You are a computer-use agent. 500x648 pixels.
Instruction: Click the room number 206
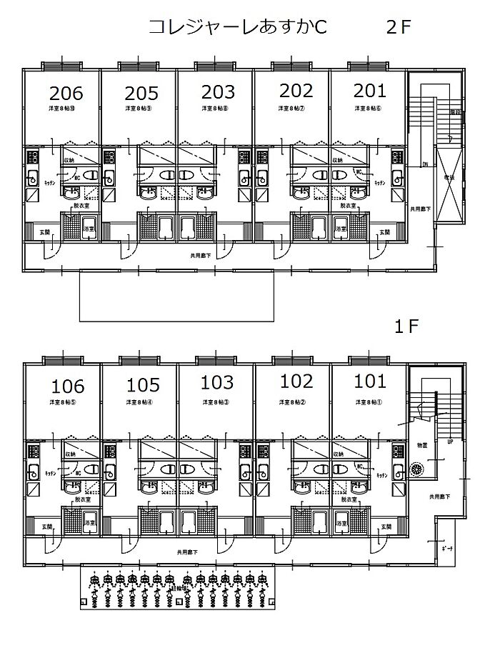[x=66, y=93]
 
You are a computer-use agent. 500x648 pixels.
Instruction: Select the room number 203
[x=218, y=92]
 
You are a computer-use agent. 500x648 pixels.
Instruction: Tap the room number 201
[x=369, y=91]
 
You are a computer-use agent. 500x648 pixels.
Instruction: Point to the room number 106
[x=68, y=387]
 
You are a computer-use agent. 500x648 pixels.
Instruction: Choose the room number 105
[x=143, y=386]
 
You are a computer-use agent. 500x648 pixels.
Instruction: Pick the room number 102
[x=296, y=381]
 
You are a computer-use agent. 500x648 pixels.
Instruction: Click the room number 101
[x=369, y=381]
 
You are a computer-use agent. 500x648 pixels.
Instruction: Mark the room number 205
[x=143, y=94]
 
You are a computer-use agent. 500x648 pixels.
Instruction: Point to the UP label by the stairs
[x=450, y=442]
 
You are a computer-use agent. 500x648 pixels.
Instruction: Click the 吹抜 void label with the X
[x=448, y=176]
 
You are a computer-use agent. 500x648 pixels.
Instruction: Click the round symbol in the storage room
[x=419, y=469]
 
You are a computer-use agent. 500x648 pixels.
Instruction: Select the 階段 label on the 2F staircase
[x=454, y=113]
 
